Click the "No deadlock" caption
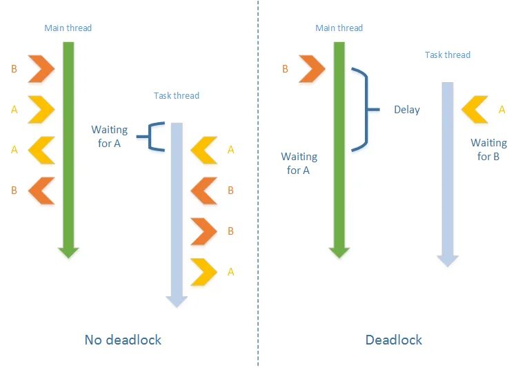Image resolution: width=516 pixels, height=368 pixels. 123,340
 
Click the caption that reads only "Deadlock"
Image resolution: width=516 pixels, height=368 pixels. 393,340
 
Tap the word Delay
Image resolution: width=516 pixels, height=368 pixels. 406,109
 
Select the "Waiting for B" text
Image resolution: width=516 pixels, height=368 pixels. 488,149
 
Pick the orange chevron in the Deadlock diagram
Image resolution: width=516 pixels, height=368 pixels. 311,68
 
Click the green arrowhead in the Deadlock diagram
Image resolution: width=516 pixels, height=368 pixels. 339,250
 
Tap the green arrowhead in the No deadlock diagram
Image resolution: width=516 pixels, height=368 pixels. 67,250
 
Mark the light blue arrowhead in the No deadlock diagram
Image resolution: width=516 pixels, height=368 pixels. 176,299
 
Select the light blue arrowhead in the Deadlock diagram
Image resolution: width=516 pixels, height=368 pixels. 448,258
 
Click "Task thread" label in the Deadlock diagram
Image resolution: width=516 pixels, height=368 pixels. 447,55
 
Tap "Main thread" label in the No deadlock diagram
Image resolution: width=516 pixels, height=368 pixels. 68,28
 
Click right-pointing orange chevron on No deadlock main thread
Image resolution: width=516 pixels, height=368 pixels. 41,68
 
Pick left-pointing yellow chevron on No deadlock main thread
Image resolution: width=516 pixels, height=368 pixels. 41,150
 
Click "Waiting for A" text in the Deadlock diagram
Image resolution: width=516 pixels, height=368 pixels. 299,163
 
